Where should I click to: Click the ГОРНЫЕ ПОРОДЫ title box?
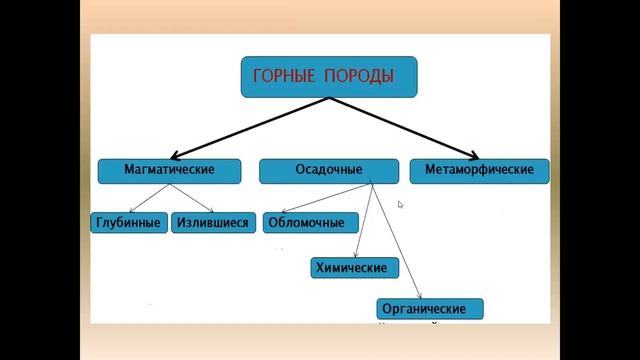328,76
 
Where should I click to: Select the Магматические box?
169,170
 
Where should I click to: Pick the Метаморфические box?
479,170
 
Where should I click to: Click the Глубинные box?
128,222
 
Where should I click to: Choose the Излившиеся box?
211,222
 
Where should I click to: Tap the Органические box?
430,308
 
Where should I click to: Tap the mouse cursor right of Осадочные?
400,205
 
